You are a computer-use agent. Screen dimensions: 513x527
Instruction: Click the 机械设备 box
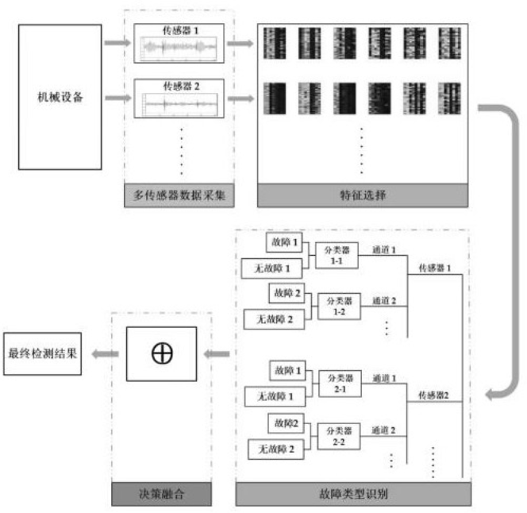coord(60,97)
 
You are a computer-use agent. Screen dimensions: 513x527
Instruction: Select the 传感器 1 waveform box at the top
coord(179,44)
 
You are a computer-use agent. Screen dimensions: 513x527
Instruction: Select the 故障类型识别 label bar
coord(353,494)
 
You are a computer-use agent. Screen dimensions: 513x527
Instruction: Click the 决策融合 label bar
coord(161,494)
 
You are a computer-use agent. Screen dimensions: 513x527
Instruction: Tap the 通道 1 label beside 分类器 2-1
coord(384,379)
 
